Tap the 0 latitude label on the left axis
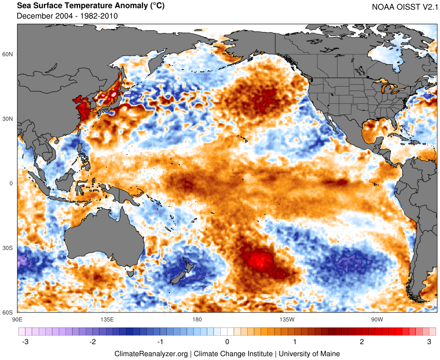12,183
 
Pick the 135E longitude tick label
107,319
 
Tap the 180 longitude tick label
197,319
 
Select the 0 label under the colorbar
227,342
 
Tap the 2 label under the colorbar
362,342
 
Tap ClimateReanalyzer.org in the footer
151,353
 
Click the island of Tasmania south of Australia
131,273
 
